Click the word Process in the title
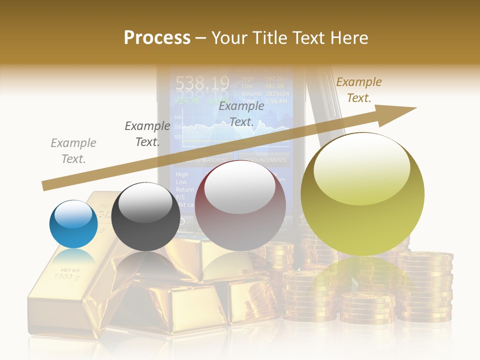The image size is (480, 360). pos(157,37)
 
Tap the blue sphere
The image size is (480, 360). pos(73,224)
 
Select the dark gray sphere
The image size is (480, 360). pos(145,216)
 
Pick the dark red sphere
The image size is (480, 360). pos(240,205)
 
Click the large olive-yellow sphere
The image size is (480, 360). pos(362,194)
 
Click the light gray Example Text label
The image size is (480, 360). pos(73,151)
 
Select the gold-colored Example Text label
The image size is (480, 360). pos(359,90)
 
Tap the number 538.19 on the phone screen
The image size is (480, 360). pos(202,83)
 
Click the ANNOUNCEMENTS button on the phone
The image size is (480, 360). pos(264,160)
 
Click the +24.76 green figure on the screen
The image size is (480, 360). pos(186,100)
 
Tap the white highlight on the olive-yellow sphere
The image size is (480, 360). pos(361,169)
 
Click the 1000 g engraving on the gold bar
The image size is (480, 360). pos(64,275)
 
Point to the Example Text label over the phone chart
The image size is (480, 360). pos(241,114)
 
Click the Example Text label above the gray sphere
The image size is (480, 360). pos(147,134)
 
